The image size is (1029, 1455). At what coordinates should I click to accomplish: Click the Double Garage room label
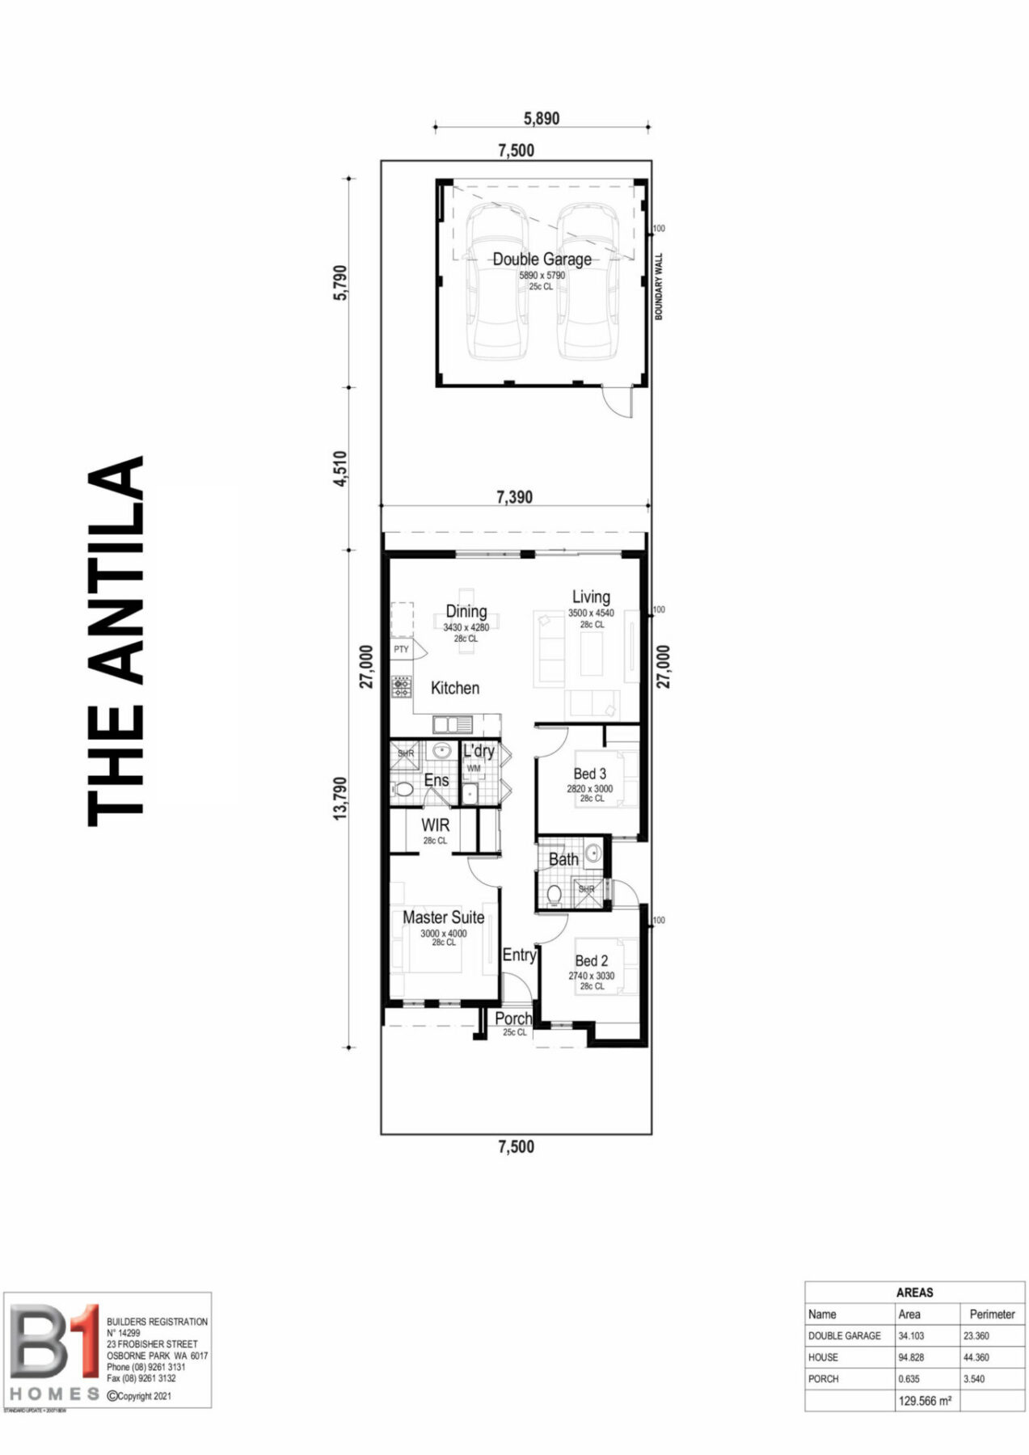pyautogui.click(x=542, y=259)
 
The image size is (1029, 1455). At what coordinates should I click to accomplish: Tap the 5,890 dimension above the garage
pyautogui.click(x=542, y=118)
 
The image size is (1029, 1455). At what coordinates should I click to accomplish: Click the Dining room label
pyautogui.click(x=466, y=612)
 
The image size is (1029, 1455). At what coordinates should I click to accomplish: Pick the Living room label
pyautogui.click(x=591, y=597)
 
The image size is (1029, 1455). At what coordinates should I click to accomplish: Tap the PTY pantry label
pyautogui.click(x=401, y=650)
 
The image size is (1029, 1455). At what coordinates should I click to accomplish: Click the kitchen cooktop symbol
pyautogui.click(x=402, y=687)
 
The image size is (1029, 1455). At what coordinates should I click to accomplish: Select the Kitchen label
pyautogui.click(x=455, y=688)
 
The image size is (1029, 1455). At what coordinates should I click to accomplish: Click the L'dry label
pyautogui.click(x=479, y=751)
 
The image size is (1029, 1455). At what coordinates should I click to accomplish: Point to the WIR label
pyautogui.click(x=435, y=826)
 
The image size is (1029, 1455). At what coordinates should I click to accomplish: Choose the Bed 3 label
pyautogui.click(x=590, y=774)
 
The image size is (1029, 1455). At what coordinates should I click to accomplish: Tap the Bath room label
pyautogui.click(x=563, y=859)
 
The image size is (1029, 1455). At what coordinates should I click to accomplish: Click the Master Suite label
pyautogui.click(x=444, y=917)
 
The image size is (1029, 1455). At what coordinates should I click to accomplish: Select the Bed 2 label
pyautogui.click(x=592, y=961)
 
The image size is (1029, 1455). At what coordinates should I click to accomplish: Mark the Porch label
pyautogui.click(x=513, y=1018)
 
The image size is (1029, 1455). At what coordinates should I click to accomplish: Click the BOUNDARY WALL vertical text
pyautogui.click(x=658, y=287)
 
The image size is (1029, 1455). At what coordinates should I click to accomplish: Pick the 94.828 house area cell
pyautogui.click(x=911, y=1357)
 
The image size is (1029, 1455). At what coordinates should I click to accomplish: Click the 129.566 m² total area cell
pyautogui.click(x=925, y=1401)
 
